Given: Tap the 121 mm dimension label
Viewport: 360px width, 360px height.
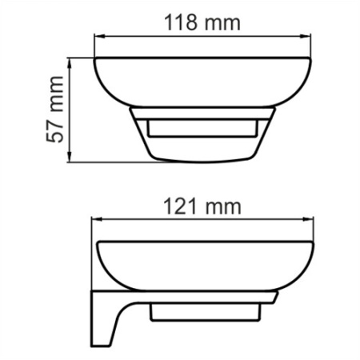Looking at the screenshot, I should click(x=202, y=206).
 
